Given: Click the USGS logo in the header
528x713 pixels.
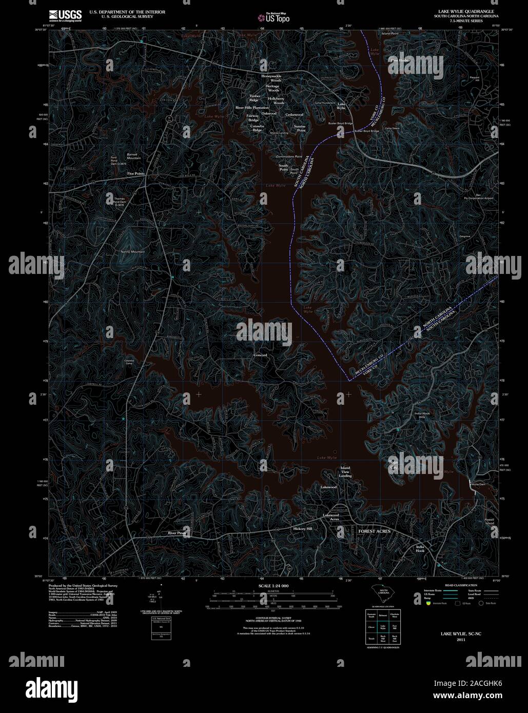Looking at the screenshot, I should click(65, 15).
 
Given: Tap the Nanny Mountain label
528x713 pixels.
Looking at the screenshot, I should click(132, 252).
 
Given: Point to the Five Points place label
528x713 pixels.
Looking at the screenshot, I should click(136, 174).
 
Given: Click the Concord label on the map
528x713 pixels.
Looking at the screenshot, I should click(260, 355).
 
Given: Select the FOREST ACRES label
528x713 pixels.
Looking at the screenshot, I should click(374, 531).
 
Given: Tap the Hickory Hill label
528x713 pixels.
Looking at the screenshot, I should click(302, 528).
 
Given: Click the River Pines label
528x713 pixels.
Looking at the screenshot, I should click(177, 533).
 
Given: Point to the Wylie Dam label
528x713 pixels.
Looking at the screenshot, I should click(478, 484).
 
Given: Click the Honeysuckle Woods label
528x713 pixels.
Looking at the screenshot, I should click(271, 78).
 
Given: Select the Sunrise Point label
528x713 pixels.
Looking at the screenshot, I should click(300, 128).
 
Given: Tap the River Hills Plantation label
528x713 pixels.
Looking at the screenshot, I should click(252, 108).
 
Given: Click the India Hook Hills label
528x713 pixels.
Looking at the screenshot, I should click(422, 415).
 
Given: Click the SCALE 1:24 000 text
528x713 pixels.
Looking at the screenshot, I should click(273, 586).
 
